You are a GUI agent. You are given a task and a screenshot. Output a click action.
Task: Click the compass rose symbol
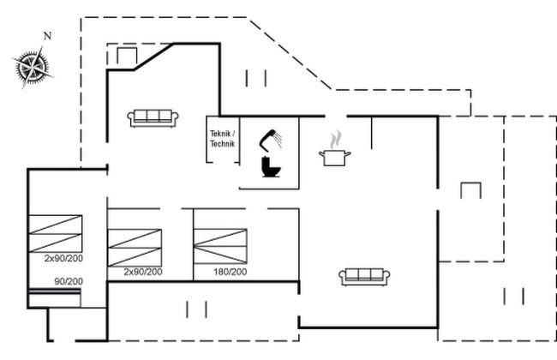coord(33,67)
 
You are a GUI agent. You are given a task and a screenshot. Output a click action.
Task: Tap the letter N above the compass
coord(48,36)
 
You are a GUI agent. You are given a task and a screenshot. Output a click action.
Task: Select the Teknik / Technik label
coord(223,139)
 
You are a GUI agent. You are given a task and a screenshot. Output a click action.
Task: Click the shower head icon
coord(271,139)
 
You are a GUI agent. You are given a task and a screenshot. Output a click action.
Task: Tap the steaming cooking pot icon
coord(334,149)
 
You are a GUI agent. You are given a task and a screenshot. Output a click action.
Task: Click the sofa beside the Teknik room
coord(153,118)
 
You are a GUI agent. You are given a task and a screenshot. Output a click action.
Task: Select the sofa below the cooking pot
coord(364,277)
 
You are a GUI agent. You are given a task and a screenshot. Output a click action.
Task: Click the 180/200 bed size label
coord(231,272)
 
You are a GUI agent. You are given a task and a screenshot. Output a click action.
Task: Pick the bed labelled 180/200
coord(220,246)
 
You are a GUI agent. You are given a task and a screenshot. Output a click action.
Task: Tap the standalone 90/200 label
coord(69,281)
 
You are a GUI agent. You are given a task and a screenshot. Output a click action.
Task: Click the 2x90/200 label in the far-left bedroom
coord(63,258)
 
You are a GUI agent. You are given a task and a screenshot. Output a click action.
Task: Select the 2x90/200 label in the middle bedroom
coord(143,272)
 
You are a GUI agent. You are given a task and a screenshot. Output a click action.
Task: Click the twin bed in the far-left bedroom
coord(56,234)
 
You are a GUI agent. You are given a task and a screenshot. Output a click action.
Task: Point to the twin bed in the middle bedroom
coord(135,248)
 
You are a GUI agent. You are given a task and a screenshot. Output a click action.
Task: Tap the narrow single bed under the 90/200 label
coord(54,297)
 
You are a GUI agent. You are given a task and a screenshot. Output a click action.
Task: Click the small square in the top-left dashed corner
coord(127,56)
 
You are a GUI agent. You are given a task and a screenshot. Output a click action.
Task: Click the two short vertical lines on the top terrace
coord(256,79)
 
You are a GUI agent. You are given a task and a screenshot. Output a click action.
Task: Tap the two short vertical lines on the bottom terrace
coord(196,309)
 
